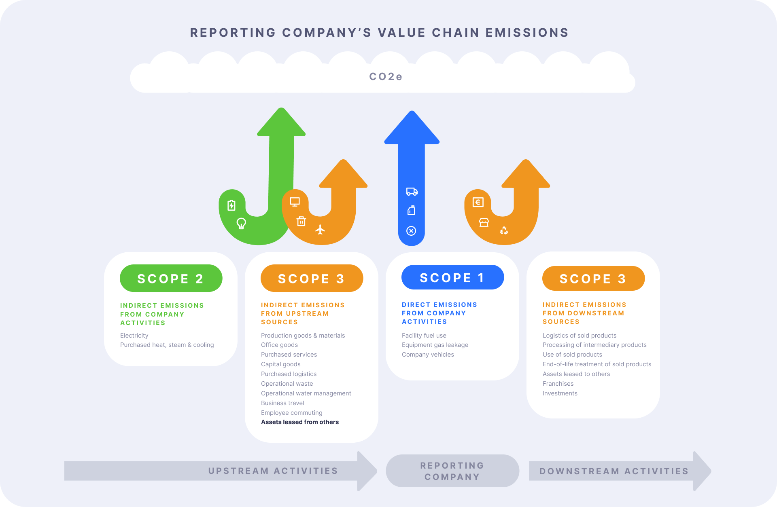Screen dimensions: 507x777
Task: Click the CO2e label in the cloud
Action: pos(386,76)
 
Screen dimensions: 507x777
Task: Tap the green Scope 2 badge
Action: pos(171,279)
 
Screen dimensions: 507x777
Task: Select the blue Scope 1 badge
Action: pos(452,278)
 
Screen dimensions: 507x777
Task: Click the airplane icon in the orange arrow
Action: pos(320,230)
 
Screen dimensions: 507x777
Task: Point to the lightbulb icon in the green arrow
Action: pos(241,223)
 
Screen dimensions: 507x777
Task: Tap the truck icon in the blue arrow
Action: pos(412,192)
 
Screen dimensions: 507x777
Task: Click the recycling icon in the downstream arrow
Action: pos(504,230)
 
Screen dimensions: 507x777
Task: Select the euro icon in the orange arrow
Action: pos(478,202)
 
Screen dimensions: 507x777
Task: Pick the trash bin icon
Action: pos(301,221)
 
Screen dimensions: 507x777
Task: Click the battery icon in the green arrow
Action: pos(231,205)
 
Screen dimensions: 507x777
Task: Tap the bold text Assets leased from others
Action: pos(300,422)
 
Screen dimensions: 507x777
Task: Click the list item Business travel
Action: pos(282,403)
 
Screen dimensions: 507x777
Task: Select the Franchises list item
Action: pos(558,384)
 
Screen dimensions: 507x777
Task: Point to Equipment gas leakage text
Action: pos(435,345)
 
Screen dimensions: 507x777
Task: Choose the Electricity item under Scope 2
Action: pos(134,336)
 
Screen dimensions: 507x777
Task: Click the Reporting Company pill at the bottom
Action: pos(452,471)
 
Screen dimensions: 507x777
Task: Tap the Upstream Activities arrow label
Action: pos(273,471)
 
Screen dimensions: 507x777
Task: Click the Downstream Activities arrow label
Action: pos(614,471)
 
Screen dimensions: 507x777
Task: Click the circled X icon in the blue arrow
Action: pos(411,231)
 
